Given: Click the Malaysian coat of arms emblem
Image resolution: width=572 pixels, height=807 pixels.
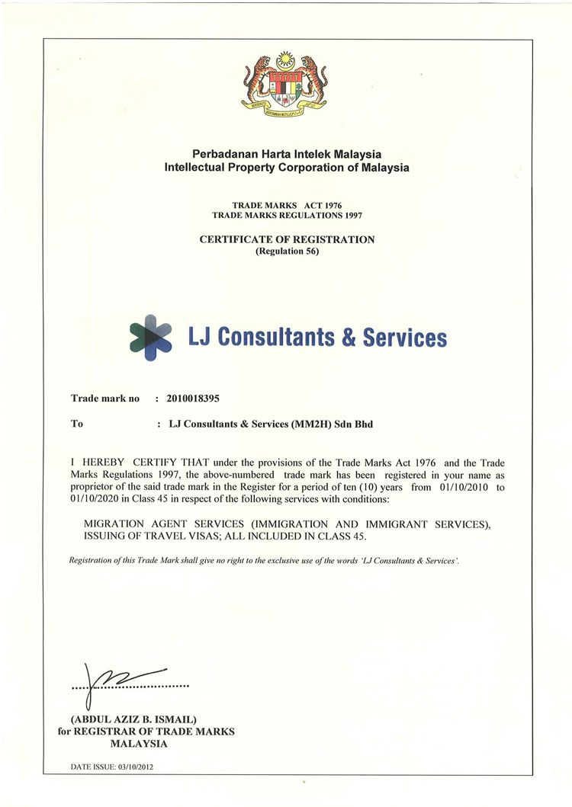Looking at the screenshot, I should (286, 83).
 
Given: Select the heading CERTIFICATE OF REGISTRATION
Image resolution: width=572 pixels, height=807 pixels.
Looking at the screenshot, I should (287, 239).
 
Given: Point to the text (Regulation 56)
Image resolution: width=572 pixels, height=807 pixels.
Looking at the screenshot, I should (287, 251).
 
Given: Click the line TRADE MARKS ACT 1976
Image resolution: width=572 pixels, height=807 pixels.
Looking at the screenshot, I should (287, 206).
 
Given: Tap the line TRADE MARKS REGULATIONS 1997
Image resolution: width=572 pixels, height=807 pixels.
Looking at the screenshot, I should (287, 216).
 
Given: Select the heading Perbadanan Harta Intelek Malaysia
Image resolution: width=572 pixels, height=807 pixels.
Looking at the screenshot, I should (287, 155).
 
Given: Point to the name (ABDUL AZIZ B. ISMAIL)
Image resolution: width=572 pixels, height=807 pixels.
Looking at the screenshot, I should (133, 719).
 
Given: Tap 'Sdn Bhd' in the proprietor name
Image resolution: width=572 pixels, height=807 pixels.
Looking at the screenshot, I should (354, 424).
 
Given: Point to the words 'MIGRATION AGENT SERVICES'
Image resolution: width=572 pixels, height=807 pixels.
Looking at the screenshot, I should (155, 524).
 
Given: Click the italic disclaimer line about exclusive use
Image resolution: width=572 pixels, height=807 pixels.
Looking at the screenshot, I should (264, 560).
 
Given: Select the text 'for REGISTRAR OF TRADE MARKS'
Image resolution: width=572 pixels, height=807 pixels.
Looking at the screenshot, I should (146, 732).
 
